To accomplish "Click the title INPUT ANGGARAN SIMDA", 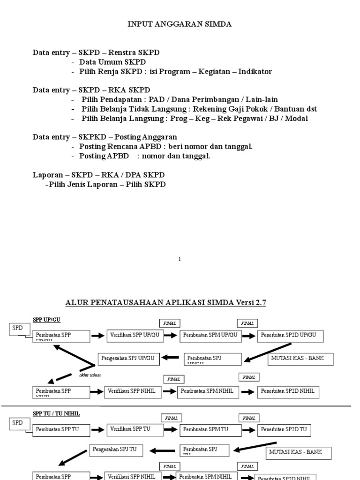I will click(x=180, y=24).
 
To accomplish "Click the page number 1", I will click(x=179, y=259).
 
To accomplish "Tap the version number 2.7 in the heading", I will click(x=260, y=303).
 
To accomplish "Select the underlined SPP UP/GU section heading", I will click(x=46, y=320).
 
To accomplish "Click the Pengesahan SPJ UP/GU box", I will click(x=128, y=359).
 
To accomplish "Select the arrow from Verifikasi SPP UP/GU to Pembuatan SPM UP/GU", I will click(x=172, y=336).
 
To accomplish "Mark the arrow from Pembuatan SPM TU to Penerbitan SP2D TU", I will click(x=250, y=429).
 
